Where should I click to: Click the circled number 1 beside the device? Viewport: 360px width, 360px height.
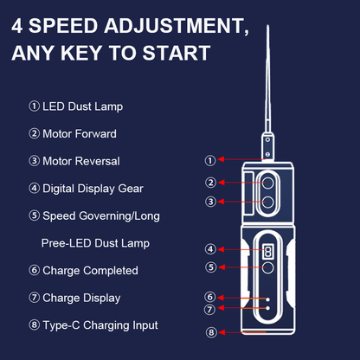click(209, 160)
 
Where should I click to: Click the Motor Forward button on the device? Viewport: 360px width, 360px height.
click(267, 183)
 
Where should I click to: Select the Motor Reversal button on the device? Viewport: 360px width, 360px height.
click(267, 202)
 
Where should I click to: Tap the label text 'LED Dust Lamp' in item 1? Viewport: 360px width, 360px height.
click(83, 106)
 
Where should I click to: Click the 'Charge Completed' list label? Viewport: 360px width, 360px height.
click(90, 270)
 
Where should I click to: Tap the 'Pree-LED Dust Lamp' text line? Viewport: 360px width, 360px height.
click(94, 242)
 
